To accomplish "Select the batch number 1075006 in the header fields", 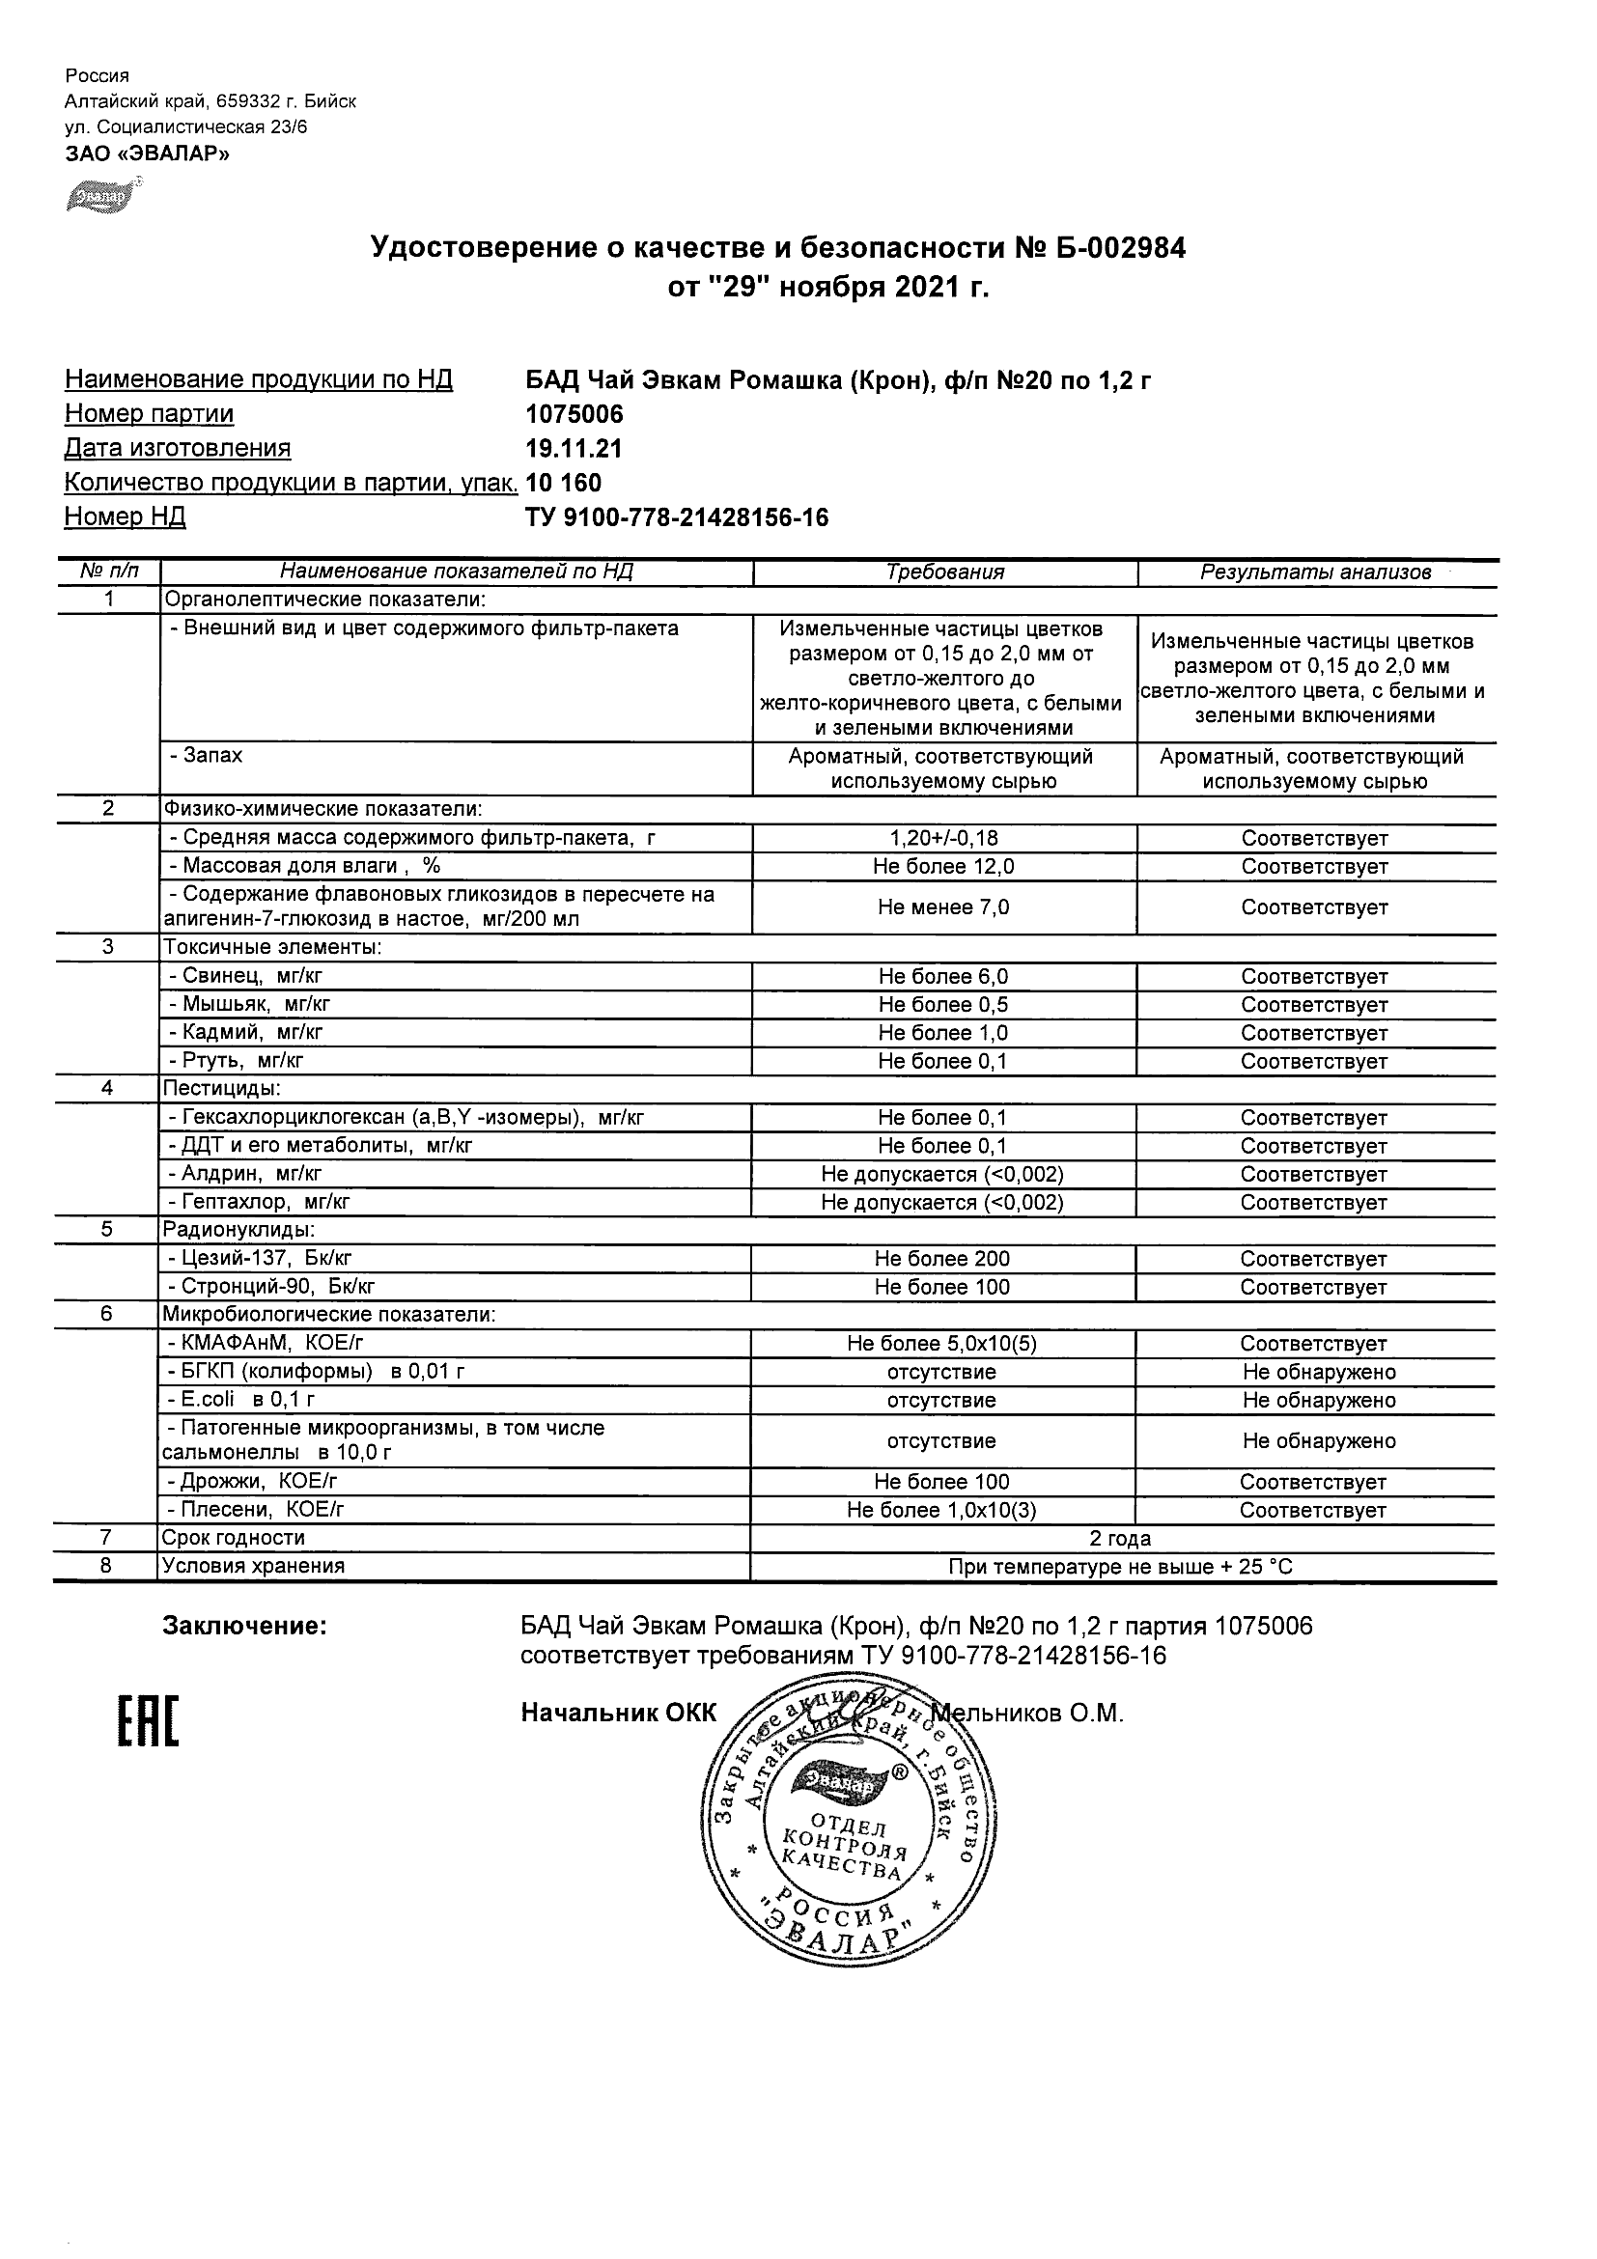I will [574, 414].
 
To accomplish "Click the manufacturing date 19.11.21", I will [574, 449].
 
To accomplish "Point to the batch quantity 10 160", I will [564, 483].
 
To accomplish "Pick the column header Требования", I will [944, 572].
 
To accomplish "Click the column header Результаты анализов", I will [1316, 572].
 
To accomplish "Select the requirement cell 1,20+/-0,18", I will [943, 838].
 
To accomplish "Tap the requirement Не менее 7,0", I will [943, 907].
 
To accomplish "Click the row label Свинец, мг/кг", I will [245, 976].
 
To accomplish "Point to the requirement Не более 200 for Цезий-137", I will [941, 1259].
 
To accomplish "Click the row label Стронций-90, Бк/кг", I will [271, 1287].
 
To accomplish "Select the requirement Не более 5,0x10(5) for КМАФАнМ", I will [941, 1343].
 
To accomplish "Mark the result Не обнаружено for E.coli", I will [1319, 1400].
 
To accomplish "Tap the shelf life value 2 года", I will [1120, 1539].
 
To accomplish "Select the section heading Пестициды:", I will [222, 1088].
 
